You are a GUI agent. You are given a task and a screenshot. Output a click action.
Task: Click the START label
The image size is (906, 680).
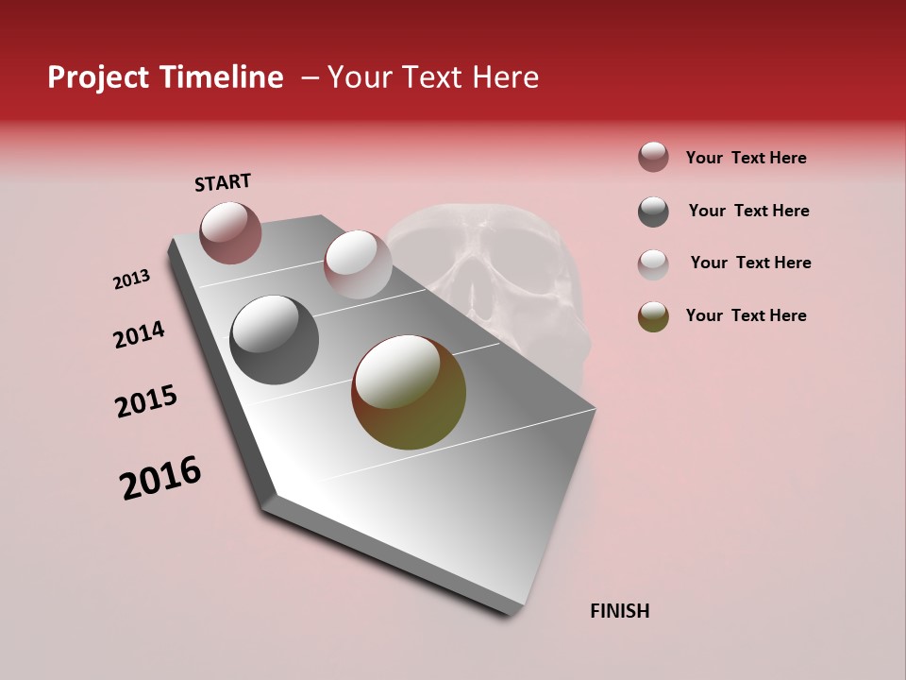[x=223, y=182]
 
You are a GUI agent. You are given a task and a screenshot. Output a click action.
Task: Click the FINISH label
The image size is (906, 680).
[x=619, y=611]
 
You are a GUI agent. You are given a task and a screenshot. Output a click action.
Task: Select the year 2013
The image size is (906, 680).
[x=131, y=280]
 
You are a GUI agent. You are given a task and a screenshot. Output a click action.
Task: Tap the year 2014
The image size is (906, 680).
[x=139, y=334]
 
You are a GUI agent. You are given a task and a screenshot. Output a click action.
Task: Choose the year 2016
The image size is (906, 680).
[x=160, y=478]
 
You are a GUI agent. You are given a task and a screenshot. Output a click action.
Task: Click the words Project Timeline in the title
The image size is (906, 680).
[x=165, y=77]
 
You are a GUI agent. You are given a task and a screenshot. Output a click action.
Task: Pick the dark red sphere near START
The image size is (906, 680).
[x=230, y=232]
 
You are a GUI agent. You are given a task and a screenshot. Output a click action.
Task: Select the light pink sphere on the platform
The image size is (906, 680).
[x=358, y=263]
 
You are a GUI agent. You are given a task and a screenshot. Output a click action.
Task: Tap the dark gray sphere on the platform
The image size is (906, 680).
[x=274, y=340]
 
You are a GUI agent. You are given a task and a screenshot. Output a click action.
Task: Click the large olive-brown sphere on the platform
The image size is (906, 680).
[x=409, y=392]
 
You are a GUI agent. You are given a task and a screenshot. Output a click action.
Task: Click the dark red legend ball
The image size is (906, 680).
[x=653, y=158]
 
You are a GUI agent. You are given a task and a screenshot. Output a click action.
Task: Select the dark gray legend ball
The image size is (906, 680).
[x=653, y=212]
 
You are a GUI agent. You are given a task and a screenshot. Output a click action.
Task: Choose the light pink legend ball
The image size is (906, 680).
[x=653, y=264]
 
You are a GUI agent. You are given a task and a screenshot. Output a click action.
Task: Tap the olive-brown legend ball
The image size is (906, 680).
[x=653, y=317]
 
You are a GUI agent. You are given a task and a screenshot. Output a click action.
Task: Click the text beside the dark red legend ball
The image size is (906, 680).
[x=746, y=159]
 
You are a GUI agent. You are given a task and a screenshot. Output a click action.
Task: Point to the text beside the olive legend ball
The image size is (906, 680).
[x=746, y=315]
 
